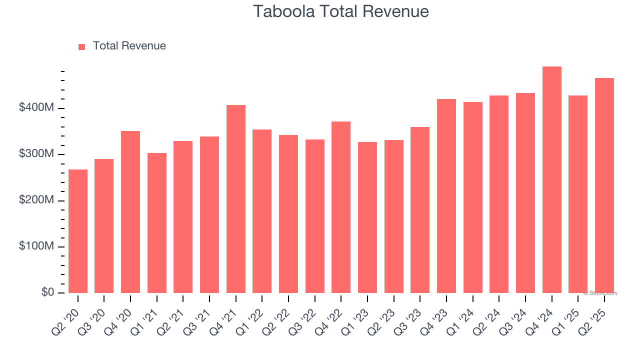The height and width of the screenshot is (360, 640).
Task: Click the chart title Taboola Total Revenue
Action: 340,11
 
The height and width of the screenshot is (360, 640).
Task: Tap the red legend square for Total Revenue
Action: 82,46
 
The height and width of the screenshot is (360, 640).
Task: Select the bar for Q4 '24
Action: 551,180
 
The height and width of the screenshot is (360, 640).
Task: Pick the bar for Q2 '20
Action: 78,231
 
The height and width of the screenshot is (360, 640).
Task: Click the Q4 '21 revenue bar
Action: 236,199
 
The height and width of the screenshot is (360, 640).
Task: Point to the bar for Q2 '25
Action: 604,185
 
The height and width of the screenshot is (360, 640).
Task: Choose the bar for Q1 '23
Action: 367,217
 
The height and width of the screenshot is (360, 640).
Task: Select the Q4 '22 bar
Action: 341,207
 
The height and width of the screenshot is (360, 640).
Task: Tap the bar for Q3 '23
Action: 420,210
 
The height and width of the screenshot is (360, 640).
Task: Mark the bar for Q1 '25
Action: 578,194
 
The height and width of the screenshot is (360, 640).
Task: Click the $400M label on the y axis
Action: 37,108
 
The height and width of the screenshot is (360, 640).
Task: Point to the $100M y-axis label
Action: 37,246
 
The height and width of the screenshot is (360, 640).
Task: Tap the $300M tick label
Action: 37,154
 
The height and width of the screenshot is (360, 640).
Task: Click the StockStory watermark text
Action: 600,293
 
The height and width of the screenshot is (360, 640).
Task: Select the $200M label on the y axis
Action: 37,200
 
